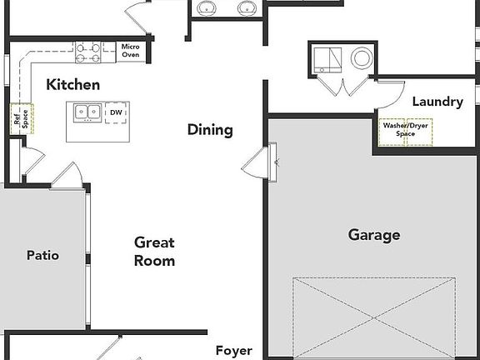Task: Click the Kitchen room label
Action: click(72, 85)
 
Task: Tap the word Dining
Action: click(209, 130)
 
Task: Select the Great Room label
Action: click(155, 252)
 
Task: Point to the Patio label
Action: click(42, 256)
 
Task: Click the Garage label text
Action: click(373, 235)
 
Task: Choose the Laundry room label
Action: click(437, 102)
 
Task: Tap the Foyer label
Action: click(233, 351)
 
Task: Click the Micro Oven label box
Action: click(131, 51)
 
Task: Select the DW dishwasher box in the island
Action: click(115, 112)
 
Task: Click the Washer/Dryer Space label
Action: click(405, 132)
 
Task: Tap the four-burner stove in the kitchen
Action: click(88, 52)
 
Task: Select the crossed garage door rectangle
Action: click(374, 317)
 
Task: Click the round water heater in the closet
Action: click(362, 58)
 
